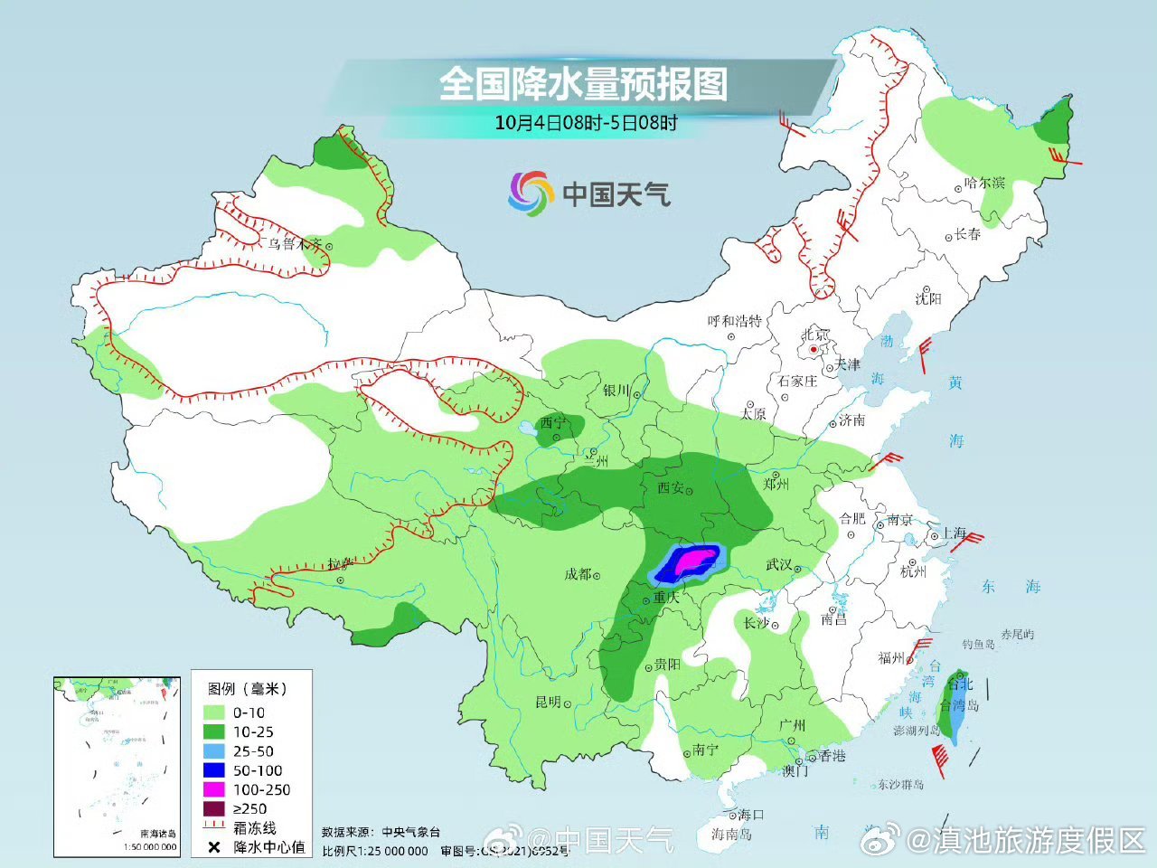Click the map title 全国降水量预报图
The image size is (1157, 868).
pyautogui.click(x=583, y=84)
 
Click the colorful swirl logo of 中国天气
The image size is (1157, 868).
pyautogui.click(x=530, y=193)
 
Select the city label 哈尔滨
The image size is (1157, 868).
pyautogui.click(x=984, y=183)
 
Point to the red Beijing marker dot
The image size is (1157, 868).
pyautogui.click(x=814, y=349)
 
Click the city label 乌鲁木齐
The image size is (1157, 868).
pyautogui.click(x=295, y=243)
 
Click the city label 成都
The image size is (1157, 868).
pyautogui.click(x=578, y=574)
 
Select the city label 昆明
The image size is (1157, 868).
pyautogui.click(x=548, y=702)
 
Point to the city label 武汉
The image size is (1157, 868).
pyautogui.click(x=778, y=564)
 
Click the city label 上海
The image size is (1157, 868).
pyautogui.click(x=954, y=533)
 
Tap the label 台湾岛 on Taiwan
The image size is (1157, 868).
pyautogui.click(x=959, y=705)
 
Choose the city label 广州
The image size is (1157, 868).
pyautogui.click(x=792, y=725)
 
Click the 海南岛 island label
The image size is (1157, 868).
pyautogui.click(x=730, y=834)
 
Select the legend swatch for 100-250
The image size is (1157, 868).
pyautogui.click(x=214, y=789)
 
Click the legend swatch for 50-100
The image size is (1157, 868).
pyautogui.click(x=214, y=770)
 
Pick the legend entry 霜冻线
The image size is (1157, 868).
pyautogui.click(x=254, y=827)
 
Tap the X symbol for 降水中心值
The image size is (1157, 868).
pyautogui.click(x=214, y=847)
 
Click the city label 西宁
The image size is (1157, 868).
pyautogui.click(x=552, y=422)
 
